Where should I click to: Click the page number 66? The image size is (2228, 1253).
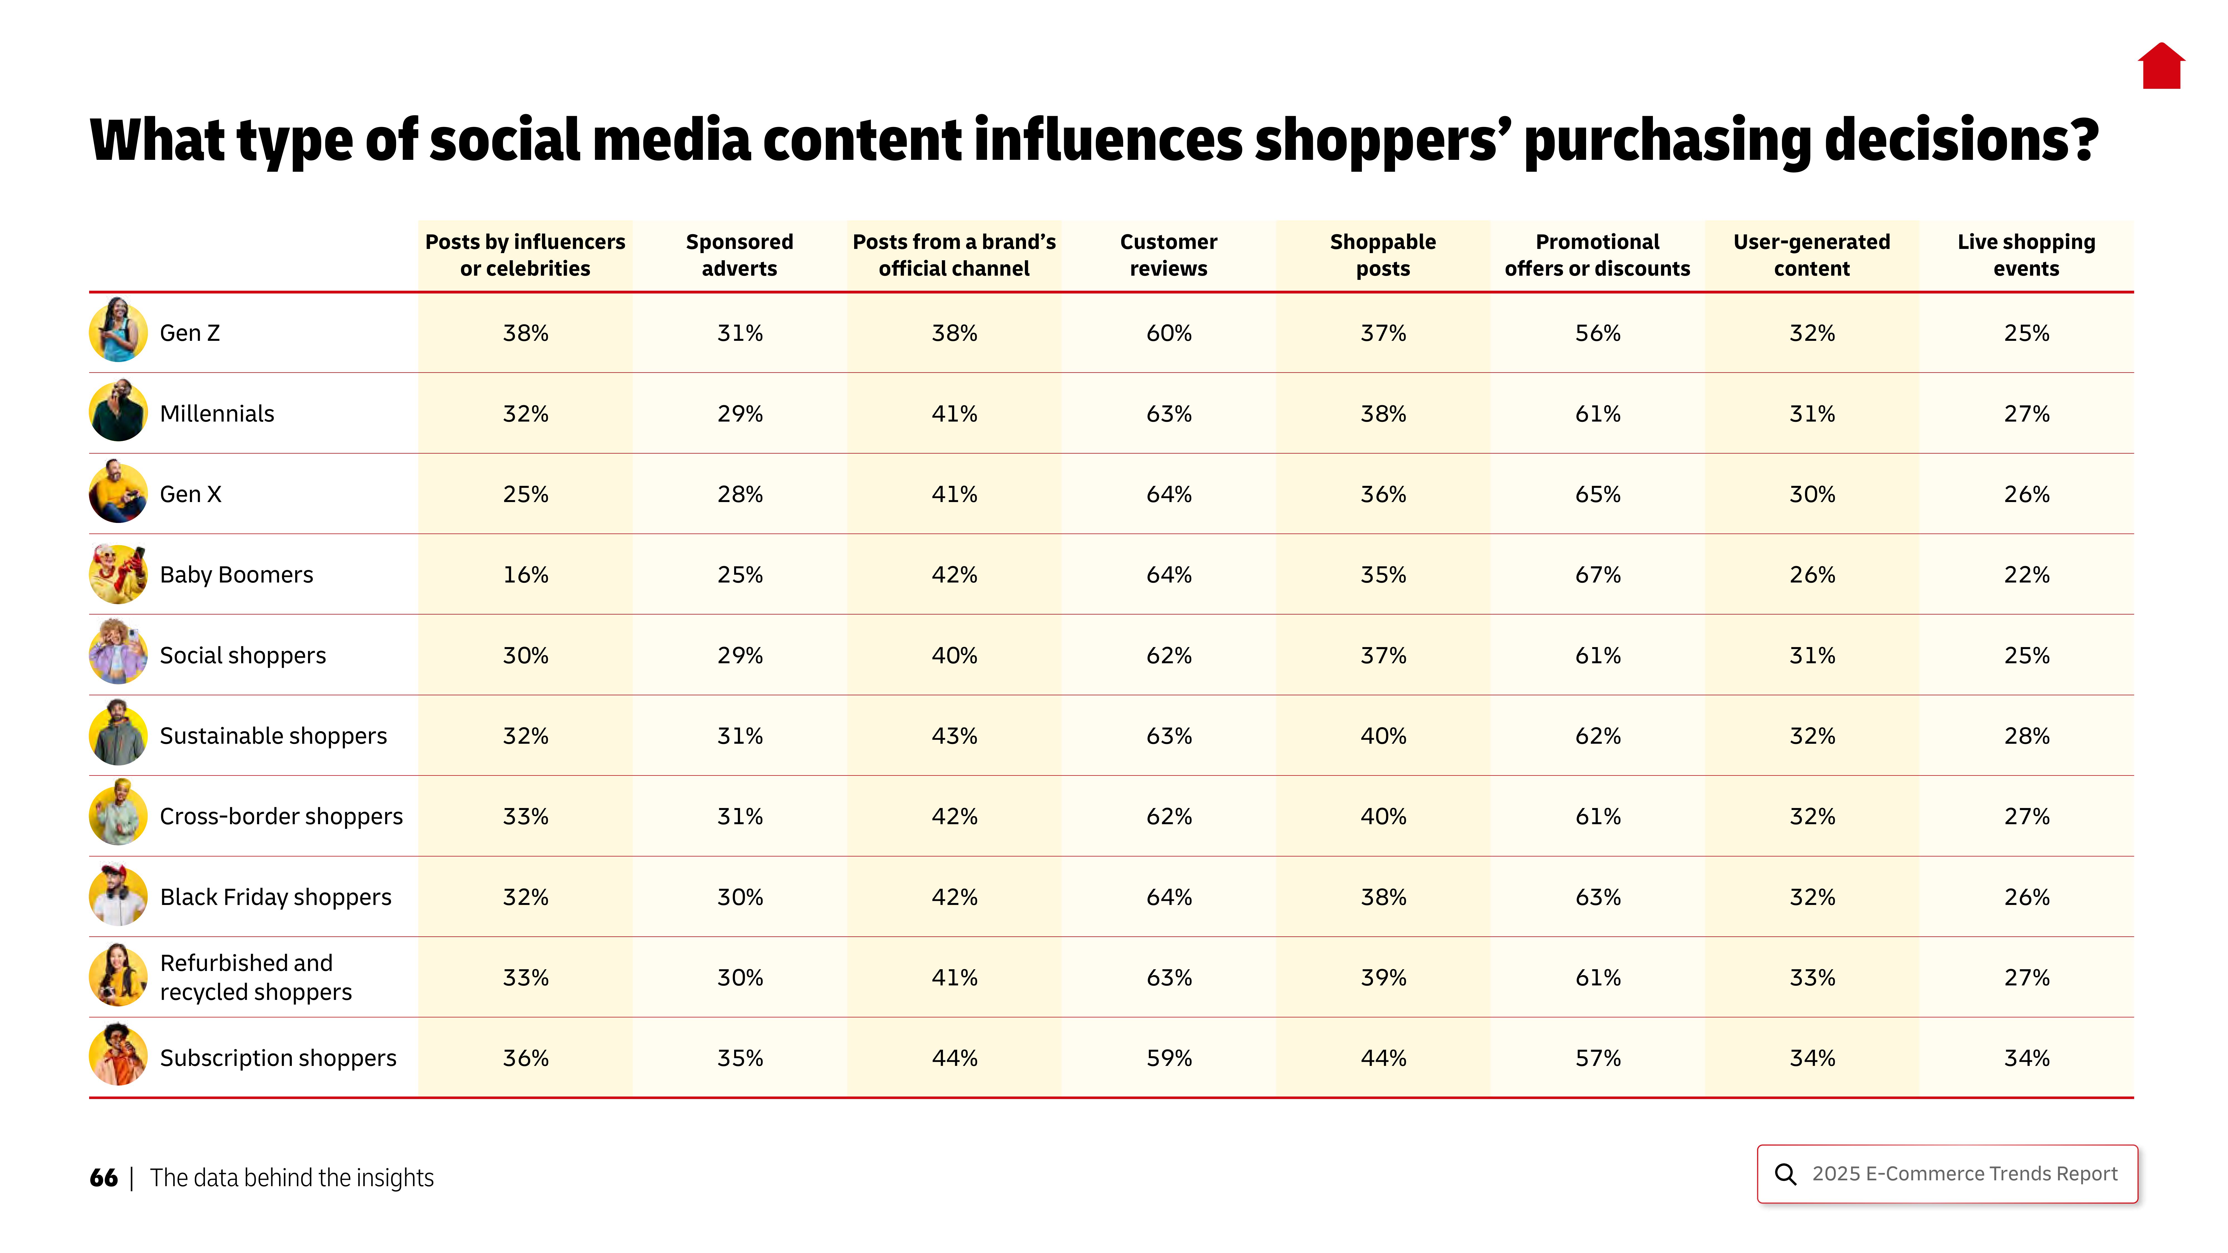pos(103,1178)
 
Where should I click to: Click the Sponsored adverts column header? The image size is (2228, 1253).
pos(739,255)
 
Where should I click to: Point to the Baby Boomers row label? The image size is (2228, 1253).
pos(236,575)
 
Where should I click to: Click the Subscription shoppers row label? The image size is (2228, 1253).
pos(278,1058)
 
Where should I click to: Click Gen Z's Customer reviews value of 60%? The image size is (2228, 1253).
pos(1169,333)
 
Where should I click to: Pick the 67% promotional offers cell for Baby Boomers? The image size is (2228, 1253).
pos(1597,575)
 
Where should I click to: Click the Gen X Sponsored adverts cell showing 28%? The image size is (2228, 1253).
pos(739,495)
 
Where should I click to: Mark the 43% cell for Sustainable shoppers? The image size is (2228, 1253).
pos(954,736)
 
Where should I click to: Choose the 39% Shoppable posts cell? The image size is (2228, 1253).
pos(1383,978)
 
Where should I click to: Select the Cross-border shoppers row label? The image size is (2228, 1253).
pos(281,816)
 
